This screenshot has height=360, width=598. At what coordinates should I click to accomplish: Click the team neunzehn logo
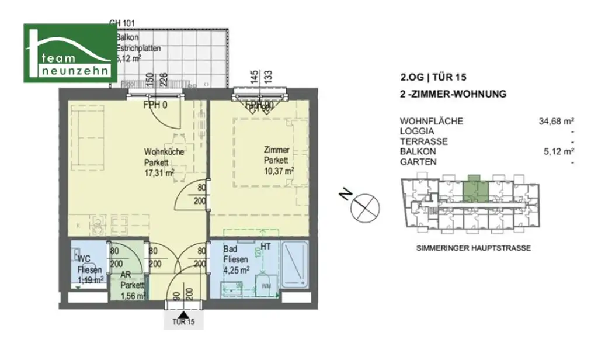coord(70,53)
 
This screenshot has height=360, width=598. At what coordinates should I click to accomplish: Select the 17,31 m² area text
coord(159,173)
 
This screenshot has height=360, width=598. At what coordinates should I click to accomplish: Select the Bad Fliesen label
coord(234,254)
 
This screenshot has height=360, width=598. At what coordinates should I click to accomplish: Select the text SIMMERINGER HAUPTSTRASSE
coord(474,248)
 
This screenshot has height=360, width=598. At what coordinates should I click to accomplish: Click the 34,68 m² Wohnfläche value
coord(556,122)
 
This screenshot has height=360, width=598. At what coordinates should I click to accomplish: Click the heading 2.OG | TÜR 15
coord(433,77)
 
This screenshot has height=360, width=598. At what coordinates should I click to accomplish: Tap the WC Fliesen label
coord(88,264)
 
